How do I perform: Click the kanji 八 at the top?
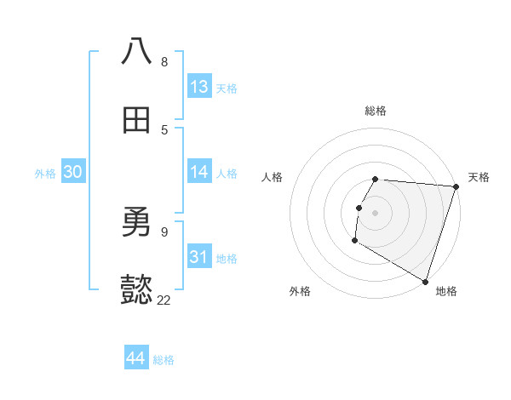point(136,52)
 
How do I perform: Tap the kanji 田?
point(136,121)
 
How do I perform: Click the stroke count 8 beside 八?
point(164,62)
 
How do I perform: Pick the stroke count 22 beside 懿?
point(164,300)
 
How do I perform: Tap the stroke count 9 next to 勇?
point(164,231)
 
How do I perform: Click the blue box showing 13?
point(199,87)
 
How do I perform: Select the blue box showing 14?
point(199,172)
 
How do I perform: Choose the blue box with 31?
point(199,257)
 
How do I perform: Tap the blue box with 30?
point(73,172)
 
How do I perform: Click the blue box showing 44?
point(136,358)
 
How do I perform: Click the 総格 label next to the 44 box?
point(164,360)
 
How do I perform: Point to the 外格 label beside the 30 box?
point(45,174)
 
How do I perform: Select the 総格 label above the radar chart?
point(376,111)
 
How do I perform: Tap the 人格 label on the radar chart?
point(272,177)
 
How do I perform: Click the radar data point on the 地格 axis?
point(425,281)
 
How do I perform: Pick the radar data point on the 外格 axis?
point(354,241)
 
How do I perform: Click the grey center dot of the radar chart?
point(376,212)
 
